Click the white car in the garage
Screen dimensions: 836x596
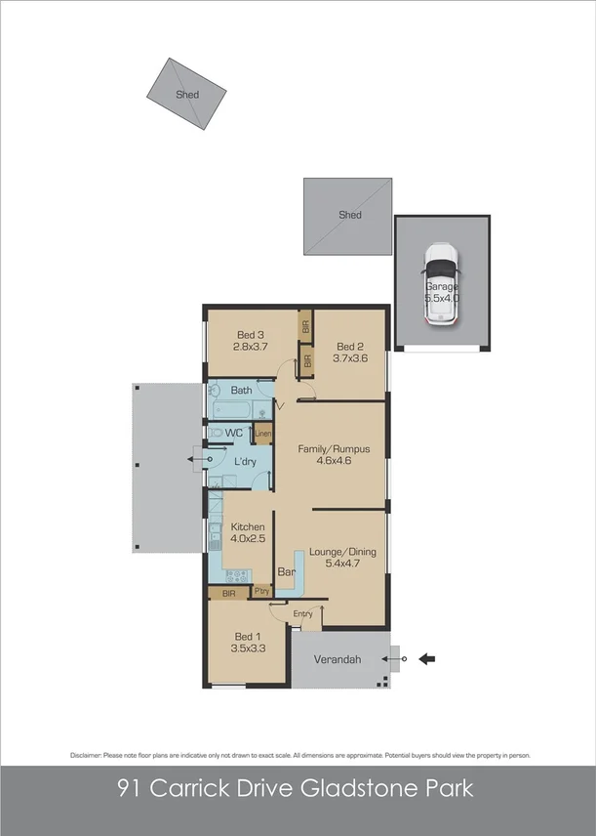pyautogui.click(x=440, y=284)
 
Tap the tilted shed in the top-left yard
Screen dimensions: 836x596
pyautogui.click(x=186, y=94)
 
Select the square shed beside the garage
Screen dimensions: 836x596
pyautogui.click(x=348, y=215)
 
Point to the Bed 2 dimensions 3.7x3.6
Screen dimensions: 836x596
pyautogui.click(x=349, y=358)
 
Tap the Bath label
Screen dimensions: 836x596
pyautogui.click(x=241, y=391)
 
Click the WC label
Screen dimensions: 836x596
pyautogui.click(x=234, y=433)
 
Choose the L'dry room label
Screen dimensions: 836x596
pyautogui.click(x=245, y=461)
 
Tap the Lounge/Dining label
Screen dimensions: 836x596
pyautogui.click(x=342, y=552)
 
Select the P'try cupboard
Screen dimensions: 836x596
pyautogui.click(x=261, y=592)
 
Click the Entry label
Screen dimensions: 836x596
pyautogui.click(x=302, y=613)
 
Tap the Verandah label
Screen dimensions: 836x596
pyautogui.click(x=337, y=660)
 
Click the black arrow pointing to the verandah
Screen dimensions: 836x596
pyautogui.click(x=426, y=659)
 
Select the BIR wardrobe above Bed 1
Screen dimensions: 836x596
pyautogui.click(x=228, y=593)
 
